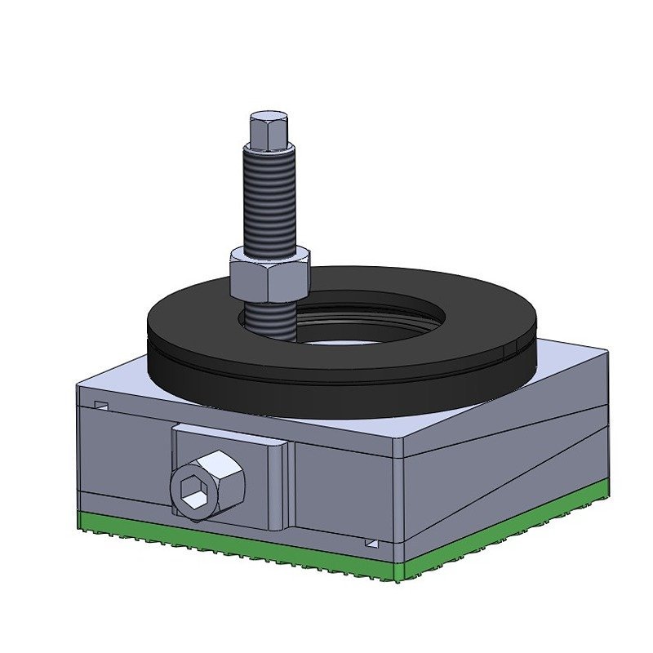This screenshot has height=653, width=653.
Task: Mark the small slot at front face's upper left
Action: pyautogui.click(x=102, y=405)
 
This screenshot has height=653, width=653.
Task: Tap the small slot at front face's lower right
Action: pyautogui.click(x=371, y=543)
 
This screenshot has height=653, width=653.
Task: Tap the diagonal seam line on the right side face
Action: pyautogui.click(x=506, y=482)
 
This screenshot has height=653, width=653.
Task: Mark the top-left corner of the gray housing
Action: pyautogui.click(x=77, y=384)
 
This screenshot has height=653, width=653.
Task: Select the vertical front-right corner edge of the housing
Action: pyautogui.click(x=401, y=498)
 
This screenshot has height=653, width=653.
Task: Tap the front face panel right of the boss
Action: pyautogui.click(x=343, y=490)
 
